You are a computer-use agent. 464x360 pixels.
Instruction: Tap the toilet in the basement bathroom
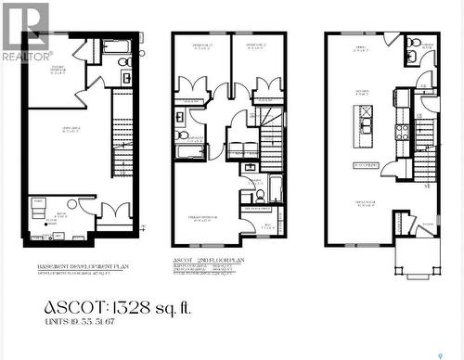tap(125, 61)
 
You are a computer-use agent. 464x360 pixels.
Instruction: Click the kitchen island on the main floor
tap(364, 125)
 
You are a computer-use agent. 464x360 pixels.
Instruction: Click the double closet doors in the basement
tap(116, 212)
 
